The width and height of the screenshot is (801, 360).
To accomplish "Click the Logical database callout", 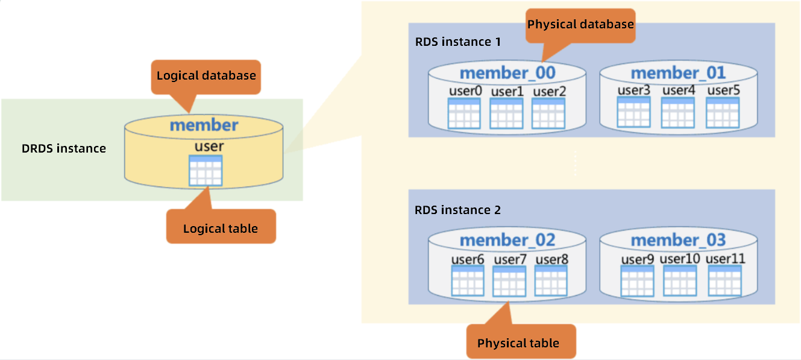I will click(x=206, y=76).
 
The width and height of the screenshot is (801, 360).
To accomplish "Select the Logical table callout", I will click(x=221, y=228).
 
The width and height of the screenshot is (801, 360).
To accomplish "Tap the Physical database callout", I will click(x=580, y=25).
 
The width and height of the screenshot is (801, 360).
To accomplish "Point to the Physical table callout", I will click(x=518, y=343).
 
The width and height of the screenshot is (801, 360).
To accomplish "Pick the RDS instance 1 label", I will click(x=458, y=42).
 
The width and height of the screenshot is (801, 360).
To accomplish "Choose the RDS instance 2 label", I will click(x=458, y=210).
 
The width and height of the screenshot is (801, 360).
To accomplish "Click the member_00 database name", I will click(x=507, y=74).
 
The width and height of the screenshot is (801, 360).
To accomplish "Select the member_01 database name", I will click(x=678, y=74).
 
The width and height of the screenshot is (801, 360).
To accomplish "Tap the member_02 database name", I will click(x=507, y=241).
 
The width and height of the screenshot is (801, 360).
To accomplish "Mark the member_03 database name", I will click(x=678, y=241).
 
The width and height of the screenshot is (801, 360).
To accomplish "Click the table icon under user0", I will click(x=464, y=113).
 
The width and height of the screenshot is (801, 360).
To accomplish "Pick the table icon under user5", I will click(x=722, y=112).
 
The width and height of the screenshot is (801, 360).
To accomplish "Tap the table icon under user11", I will click(x=724, y=280).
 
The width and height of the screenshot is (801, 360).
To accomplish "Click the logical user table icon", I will click(x=206, y=171).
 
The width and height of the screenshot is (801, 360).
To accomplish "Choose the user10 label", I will click(x=679, y=259).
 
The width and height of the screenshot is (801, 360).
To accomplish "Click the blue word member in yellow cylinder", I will click(x=204, y=125).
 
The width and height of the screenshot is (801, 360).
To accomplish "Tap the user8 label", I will click(x=551, y=259).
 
